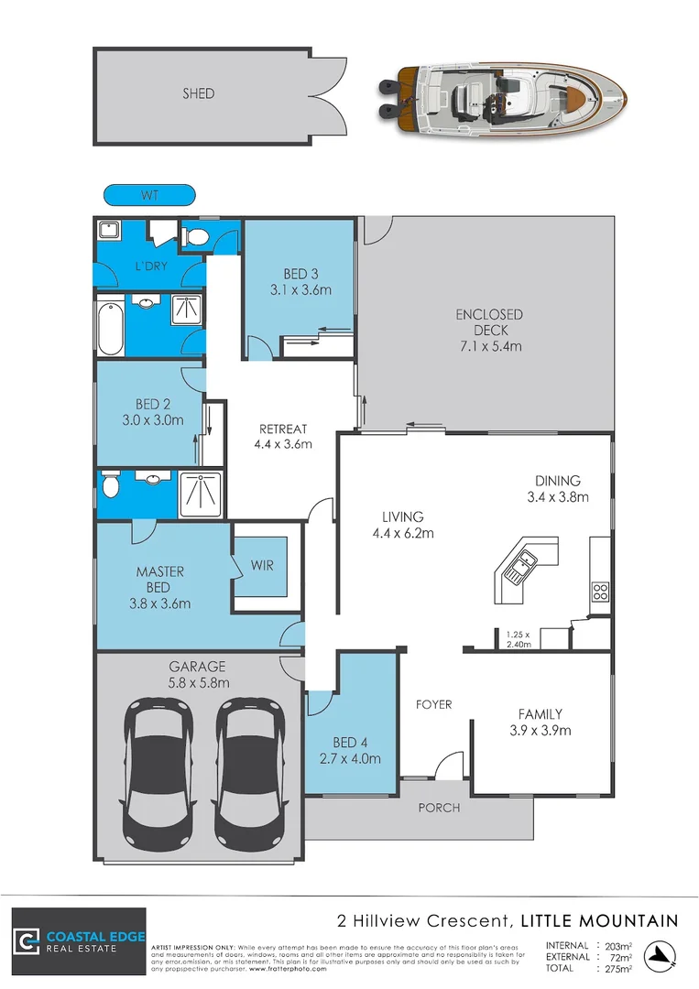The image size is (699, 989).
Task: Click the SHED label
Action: tap(198, 93)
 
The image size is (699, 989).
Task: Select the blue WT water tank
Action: tap(149, 195)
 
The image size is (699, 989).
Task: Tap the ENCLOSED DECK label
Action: tap(489, 322)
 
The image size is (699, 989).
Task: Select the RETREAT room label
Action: tap(283, 429)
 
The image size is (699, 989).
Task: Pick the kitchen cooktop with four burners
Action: tap(601, 592)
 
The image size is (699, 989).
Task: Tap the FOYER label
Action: tap(433, 704)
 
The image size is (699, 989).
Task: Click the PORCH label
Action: tap(439, 808)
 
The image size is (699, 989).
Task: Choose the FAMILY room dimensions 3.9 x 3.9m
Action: tap(540, 731)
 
